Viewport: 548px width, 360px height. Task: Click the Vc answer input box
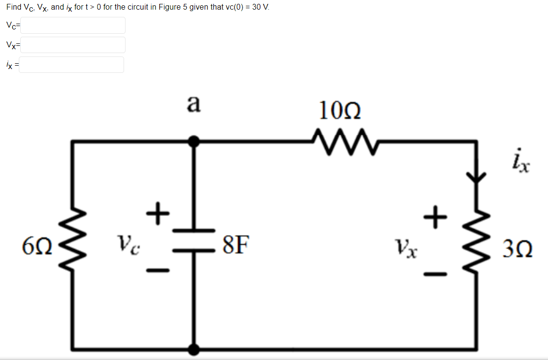[x=72, y=26]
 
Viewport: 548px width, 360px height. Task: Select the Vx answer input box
[x=72, y=45]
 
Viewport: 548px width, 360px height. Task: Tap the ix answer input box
[x=71, y=65]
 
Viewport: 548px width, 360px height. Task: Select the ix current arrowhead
[x=478, y=178]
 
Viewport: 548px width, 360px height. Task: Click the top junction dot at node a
[x=195, y=141]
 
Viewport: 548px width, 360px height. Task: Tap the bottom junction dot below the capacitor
[x=195, y=348]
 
